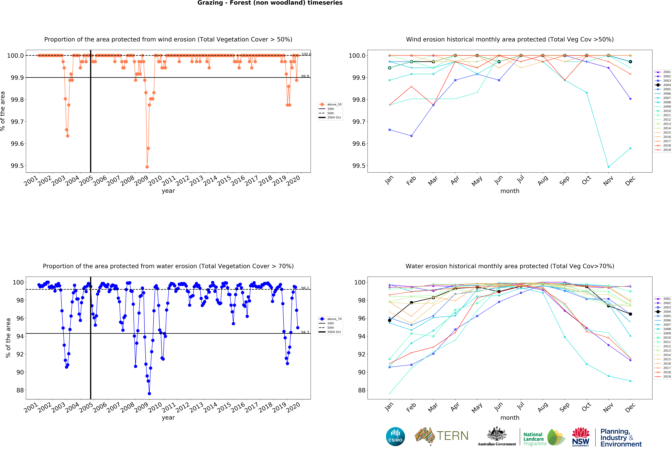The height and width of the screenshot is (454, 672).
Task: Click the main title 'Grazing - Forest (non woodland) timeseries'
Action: coord(270,3)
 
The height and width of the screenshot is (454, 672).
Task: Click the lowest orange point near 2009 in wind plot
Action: coord(147,167)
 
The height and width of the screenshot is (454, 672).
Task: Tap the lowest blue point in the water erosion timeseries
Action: coord(149,394)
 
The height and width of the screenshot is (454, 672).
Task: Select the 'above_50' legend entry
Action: coord(334,104)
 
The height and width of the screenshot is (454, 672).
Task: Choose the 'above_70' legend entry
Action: coord(334,319)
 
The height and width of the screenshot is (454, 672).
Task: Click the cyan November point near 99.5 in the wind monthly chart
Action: coord(608,167)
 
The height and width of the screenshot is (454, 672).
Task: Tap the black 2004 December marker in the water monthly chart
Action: coord(630,314)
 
